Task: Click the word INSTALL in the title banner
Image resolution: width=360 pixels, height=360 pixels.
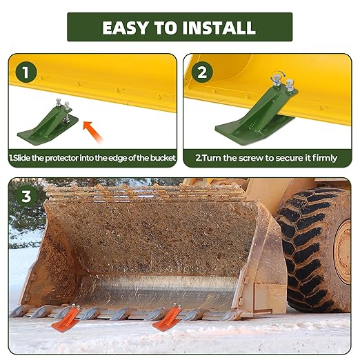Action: tap(219, 28)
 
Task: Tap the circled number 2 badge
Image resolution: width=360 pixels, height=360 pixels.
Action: tap(202, 72)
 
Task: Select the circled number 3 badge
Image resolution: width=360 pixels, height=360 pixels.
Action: tap(27, 196)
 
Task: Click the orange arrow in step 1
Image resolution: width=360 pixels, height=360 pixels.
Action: tap(90, 127)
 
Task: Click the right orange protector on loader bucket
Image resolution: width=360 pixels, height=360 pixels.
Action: tap(168, 317)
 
